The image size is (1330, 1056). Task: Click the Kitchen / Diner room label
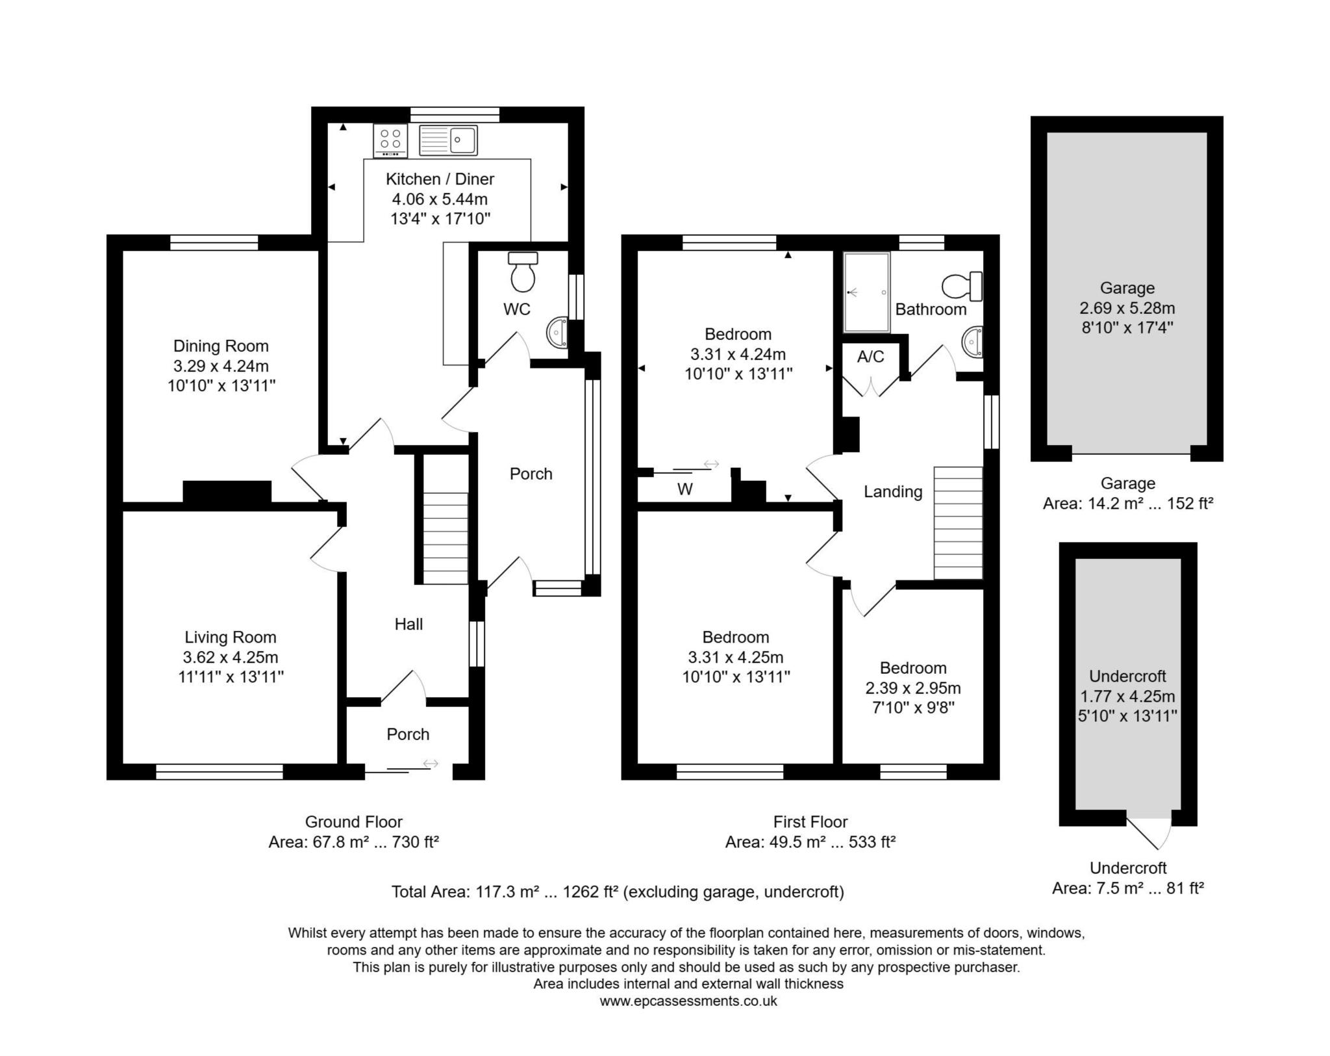pos(440,179)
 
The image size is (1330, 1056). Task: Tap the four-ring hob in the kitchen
pos(390,140)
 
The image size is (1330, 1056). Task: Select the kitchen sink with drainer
pos(448,140)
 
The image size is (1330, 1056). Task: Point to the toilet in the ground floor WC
pos(523,272)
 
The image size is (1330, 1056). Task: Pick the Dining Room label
pos(221,346)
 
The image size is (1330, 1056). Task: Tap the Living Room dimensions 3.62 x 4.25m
pos(231,657)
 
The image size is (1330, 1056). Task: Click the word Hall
pos(408,624)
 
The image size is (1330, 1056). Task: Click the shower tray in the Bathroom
pos(866,292)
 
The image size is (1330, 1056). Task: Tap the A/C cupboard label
pos(870,356)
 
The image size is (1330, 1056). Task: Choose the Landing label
pos(893,492)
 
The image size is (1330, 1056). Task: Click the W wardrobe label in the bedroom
pos(685,489)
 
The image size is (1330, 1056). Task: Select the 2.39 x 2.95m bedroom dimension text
pos(913,688)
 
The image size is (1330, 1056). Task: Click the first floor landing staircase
pos(958,523)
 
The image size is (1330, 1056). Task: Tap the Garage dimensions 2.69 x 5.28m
pos(1127,307)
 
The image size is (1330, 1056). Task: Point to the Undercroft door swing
pos(1149,831)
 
